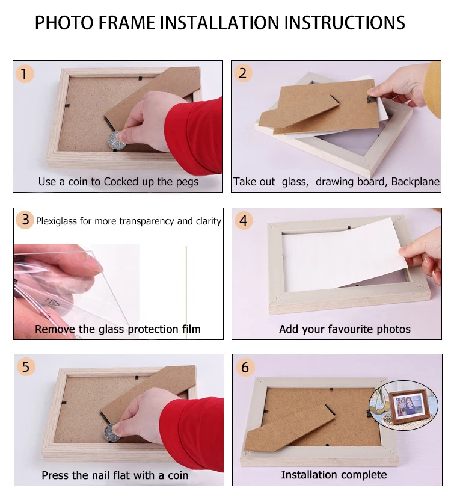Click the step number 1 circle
tap(25, 73)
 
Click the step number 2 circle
tap(243, 73)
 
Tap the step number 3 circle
tap(25, 220)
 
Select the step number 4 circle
tap(244, 220)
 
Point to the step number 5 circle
tap(26, 366)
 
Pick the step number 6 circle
tap(245, 366)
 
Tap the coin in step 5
tap(112, 433)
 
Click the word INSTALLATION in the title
tap(219, 23)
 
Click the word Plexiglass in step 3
tap(57, 221)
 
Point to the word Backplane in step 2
tap(416, 182)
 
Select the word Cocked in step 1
tap(121, 182)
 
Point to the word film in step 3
tap(191, 329)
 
